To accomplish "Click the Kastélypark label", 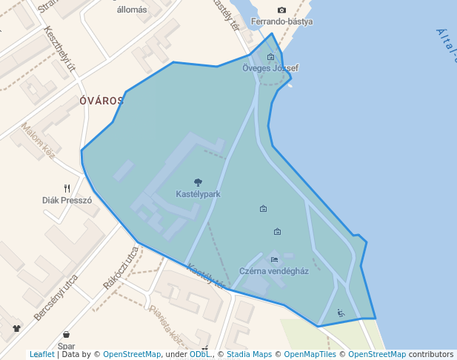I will click(198, 194).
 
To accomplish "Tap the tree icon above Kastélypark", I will click(198, 182).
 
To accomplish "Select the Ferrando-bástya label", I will click(282, 21).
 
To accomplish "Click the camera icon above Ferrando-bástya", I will click(281, 10).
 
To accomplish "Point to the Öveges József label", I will click(270, 68).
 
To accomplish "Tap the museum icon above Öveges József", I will click(270, 57).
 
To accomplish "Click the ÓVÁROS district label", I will click(101, 101).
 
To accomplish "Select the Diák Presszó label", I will click(67, 200).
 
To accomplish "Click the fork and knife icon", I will click(67, 188).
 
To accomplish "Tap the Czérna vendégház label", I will click(274, 271).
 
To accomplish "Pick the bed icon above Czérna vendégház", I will click(274, 259).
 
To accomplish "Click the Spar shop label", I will click(67, 346).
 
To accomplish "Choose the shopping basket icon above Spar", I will click(67, 335).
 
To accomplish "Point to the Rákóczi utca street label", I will click(121, 267).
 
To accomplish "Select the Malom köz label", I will click(39, 141).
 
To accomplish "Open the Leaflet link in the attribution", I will click(41, 355).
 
